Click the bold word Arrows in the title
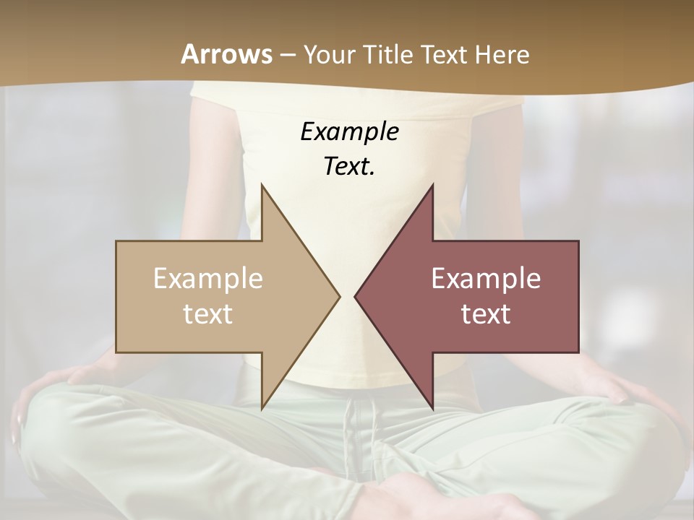point(226,54)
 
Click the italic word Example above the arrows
point(350,132)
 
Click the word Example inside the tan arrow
point(208,279)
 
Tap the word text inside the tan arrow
point(208,313)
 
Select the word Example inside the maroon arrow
point(486,279)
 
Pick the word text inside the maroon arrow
point(486,313)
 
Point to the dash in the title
point(287,55)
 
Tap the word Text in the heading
point(444,54)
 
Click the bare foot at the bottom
point(405,498)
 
